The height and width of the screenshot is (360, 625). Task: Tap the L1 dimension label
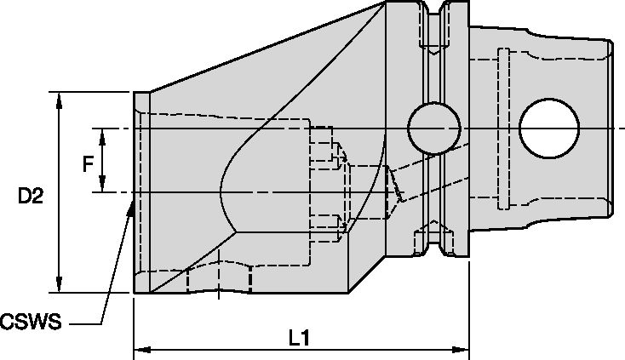tap(297, 338)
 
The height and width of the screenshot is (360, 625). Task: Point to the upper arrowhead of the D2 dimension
tap(59, 96)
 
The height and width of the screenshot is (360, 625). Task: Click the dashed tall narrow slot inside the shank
tap(502, 128)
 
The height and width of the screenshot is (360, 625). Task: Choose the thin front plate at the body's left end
tap(141, 192)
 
